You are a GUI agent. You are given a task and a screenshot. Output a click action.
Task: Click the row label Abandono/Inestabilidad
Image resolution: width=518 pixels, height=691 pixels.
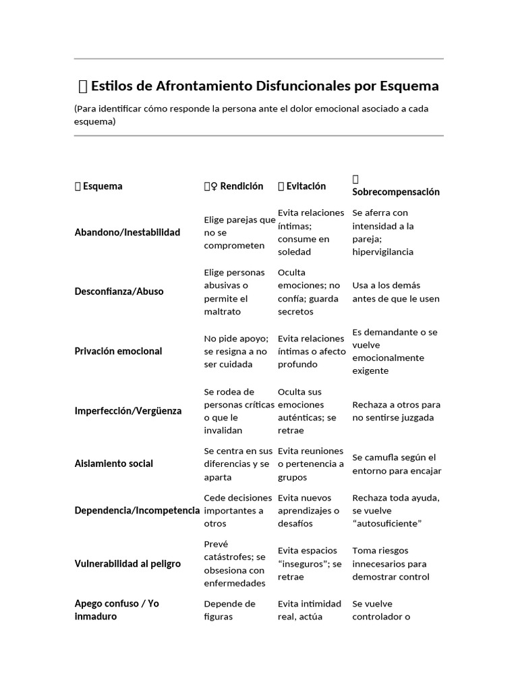click(x=127, y=233)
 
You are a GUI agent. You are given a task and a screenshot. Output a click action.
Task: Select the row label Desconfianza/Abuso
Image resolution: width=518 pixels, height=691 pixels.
click(x=119, y=292)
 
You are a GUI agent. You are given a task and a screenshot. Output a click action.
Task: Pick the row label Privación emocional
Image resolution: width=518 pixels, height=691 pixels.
click(x=118, y=351)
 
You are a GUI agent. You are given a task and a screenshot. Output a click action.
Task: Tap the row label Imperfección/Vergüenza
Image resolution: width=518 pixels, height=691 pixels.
click(x=127, y=411)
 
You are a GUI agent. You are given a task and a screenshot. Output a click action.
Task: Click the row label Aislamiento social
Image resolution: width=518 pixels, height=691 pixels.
click(x=113, y=464)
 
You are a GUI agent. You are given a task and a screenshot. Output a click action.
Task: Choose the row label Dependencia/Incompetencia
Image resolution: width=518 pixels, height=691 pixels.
click(x=138, y=510)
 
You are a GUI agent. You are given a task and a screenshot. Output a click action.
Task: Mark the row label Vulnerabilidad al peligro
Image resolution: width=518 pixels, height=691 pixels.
click(x=127, y=563)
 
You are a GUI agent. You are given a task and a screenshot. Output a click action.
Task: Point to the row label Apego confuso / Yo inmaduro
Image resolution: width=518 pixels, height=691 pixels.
click(x=117, y=610)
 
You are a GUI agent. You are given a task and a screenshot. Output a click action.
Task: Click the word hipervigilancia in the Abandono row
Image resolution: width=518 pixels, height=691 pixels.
click(x=382, y=252)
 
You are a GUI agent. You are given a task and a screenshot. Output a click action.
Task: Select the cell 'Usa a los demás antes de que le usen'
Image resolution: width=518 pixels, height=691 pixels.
click(x=395, y=292)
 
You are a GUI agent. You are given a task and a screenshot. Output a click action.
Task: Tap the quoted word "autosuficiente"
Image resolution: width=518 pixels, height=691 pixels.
click(x=386, y=524)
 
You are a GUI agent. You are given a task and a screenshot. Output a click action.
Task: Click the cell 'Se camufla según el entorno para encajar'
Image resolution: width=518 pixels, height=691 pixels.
click(x=397, y=464)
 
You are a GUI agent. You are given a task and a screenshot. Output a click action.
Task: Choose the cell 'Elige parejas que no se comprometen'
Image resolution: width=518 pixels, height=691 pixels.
click(x=239, y=233)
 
